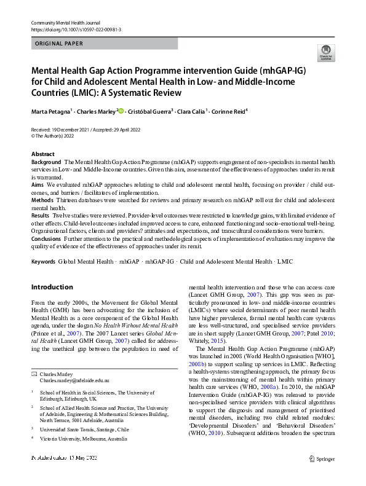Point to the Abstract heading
click(44, 154)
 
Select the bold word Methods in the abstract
click(42, 200)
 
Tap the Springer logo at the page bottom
click(321, 475)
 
